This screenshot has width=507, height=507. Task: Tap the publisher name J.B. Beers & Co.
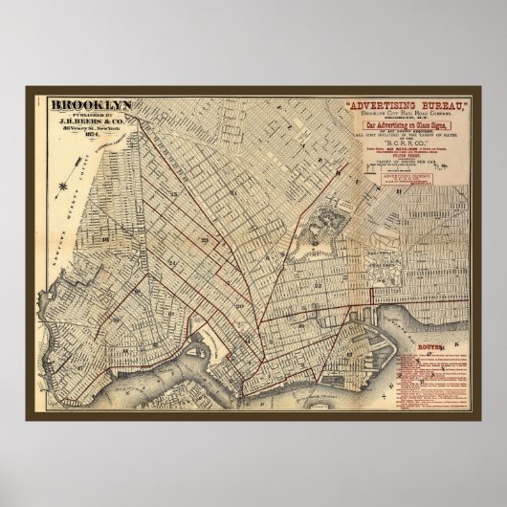pyautogui.click(x=85, y=121)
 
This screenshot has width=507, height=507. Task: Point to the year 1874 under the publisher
pyautogui.click(x=85, y=136)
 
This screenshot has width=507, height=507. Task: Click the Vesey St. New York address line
pyautogui.click(x=85, y=129)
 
